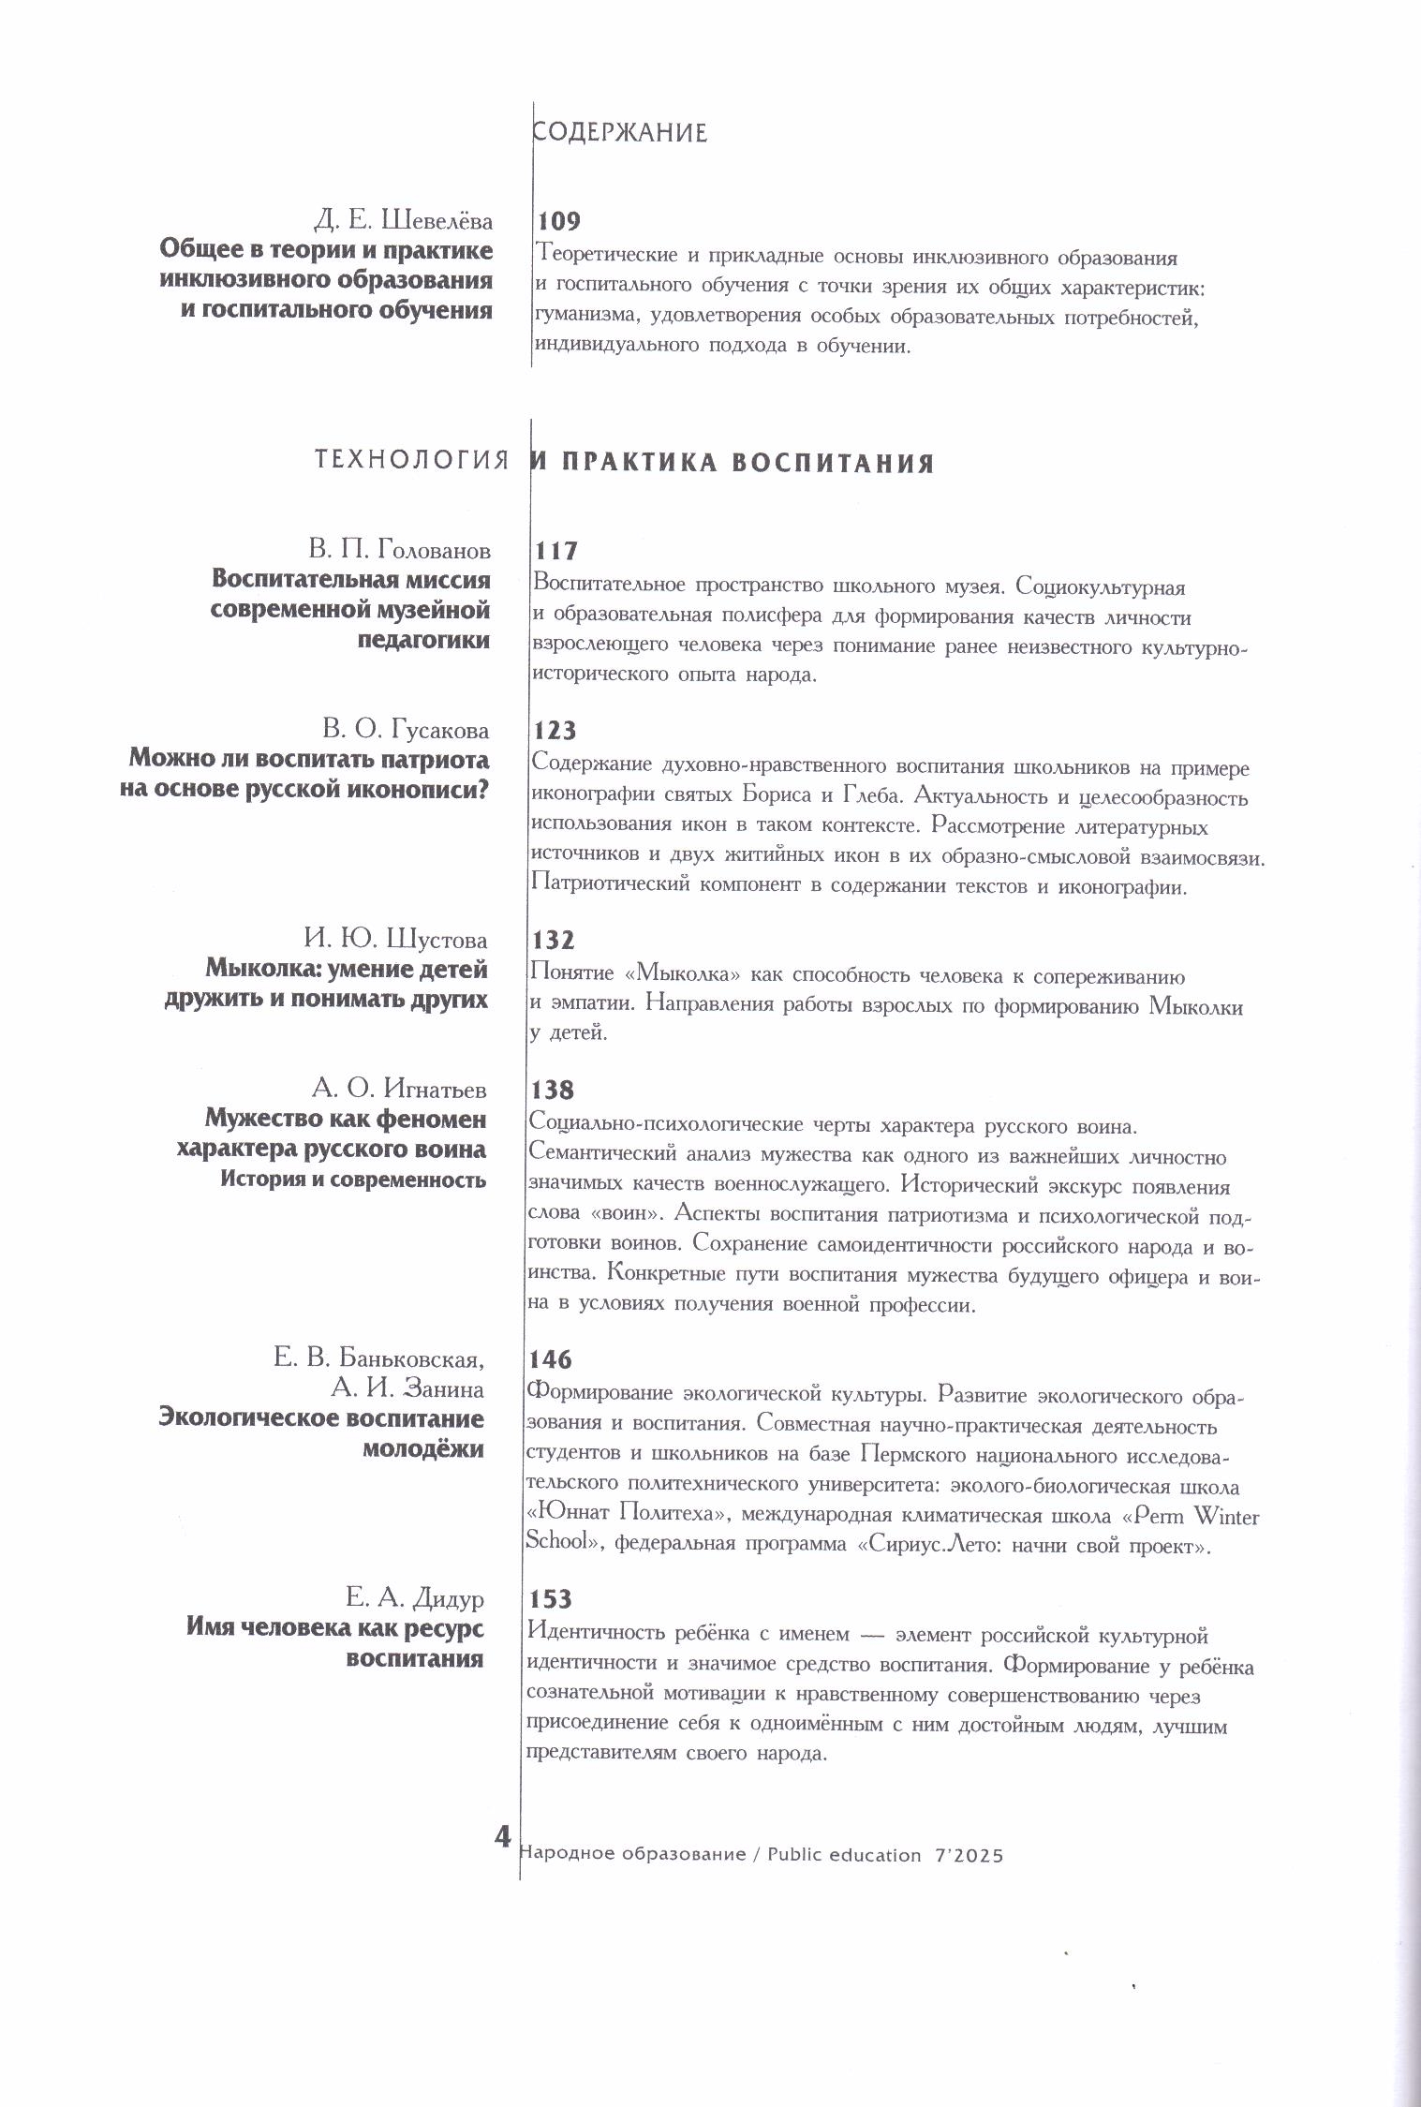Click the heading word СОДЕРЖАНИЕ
[619, 133]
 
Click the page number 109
[559, 222]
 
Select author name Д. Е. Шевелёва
[403, 221]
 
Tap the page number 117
[556, 551]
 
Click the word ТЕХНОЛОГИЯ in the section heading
[412, 460]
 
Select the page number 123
[555, 731]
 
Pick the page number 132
[554, 940]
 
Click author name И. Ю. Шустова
[395, 939]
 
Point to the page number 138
[553, 1090]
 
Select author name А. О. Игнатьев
[399, 1089]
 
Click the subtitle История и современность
[353, 1179]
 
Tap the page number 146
[551, 1359]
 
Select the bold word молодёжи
[423, 1449]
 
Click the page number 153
[550, 1599]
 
